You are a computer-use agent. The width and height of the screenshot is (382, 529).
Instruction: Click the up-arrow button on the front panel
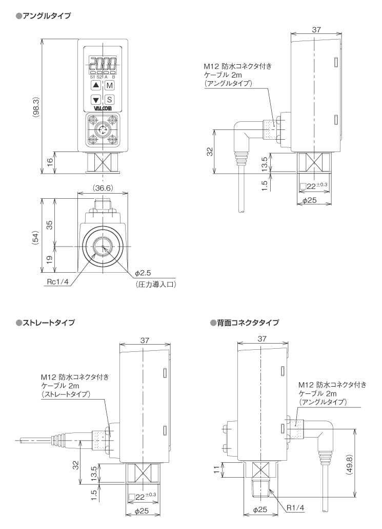click(x=96, y=86)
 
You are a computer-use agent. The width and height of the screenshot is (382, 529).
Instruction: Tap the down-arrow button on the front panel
click(x=96, y=100)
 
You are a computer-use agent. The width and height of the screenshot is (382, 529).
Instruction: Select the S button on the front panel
click(x=110, y=100)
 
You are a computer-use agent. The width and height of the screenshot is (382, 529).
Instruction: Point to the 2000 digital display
click(x=103, y=65)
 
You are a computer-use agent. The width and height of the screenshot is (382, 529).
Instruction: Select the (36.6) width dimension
click(x=102, y=189)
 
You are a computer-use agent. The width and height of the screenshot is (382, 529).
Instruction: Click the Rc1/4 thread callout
click(x=57, y=281)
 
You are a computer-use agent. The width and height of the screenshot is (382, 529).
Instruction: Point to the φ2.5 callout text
click(x=142, y=272)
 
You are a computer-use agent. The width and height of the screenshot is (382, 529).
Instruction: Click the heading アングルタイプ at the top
click(x=47, y=16)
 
